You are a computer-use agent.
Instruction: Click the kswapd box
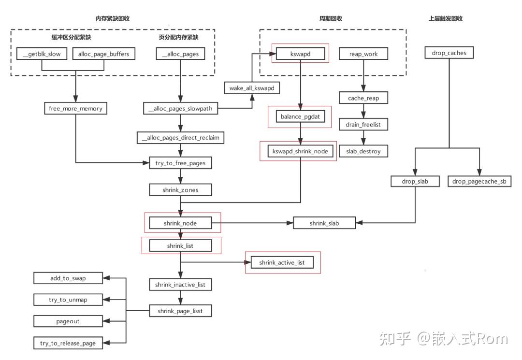[301, 54]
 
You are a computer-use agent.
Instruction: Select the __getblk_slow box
[42, 54]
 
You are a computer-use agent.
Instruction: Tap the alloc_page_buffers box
[103, 54]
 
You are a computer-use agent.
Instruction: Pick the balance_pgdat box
[300, 116]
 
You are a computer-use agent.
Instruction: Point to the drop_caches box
[449, 53]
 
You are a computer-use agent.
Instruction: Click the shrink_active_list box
[282, 262]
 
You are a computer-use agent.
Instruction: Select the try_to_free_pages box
[180, 163]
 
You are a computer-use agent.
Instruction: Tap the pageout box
[68, 321]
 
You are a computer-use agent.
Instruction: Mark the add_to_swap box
[68, 278]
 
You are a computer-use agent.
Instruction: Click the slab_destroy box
[363, 151]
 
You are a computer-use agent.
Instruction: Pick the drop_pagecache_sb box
[479, 182]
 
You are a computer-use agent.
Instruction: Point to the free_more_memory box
[75, 109]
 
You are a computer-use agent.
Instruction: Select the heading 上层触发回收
[446, 19]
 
